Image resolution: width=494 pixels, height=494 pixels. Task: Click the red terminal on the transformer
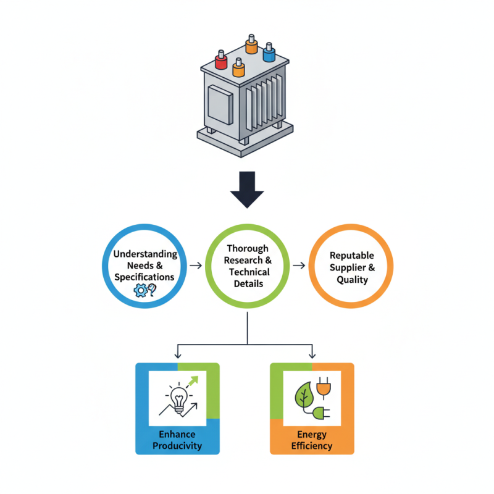221,60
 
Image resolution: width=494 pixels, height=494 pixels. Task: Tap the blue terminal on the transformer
269,52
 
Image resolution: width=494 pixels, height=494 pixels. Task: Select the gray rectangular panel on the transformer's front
220,104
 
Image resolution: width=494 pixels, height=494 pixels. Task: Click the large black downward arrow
247,190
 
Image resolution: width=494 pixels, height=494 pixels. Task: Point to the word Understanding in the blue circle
145,254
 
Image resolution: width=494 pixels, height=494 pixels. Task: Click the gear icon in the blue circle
141,290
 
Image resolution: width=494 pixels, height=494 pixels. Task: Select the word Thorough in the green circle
248,249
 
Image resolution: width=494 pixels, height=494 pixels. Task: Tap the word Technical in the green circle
249,272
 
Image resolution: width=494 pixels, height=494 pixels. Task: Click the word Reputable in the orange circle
352,256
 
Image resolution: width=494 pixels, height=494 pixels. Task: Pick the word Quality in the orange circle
352,280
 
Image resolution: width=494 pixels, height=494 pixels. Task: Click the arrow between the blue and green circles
196,266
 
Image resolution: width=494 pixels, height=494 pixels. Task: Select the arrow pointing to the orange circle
299,266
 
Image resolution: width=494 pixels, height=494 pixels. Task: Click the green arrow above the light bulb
193,382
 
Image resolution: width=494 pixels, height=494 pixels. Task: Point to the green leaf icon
303,395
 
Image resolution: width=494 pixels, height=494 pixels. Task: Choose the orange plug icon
324,387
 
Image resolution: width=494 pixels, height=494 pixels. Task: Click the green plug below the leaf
321,412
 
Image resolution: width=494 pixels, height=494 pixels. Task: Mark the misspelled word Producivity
177,446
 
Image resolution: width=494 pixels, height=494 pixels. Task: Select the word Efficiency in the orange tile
312,446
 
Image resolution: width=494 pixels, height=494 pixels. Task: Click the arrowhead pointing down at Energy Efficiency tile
312,356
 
